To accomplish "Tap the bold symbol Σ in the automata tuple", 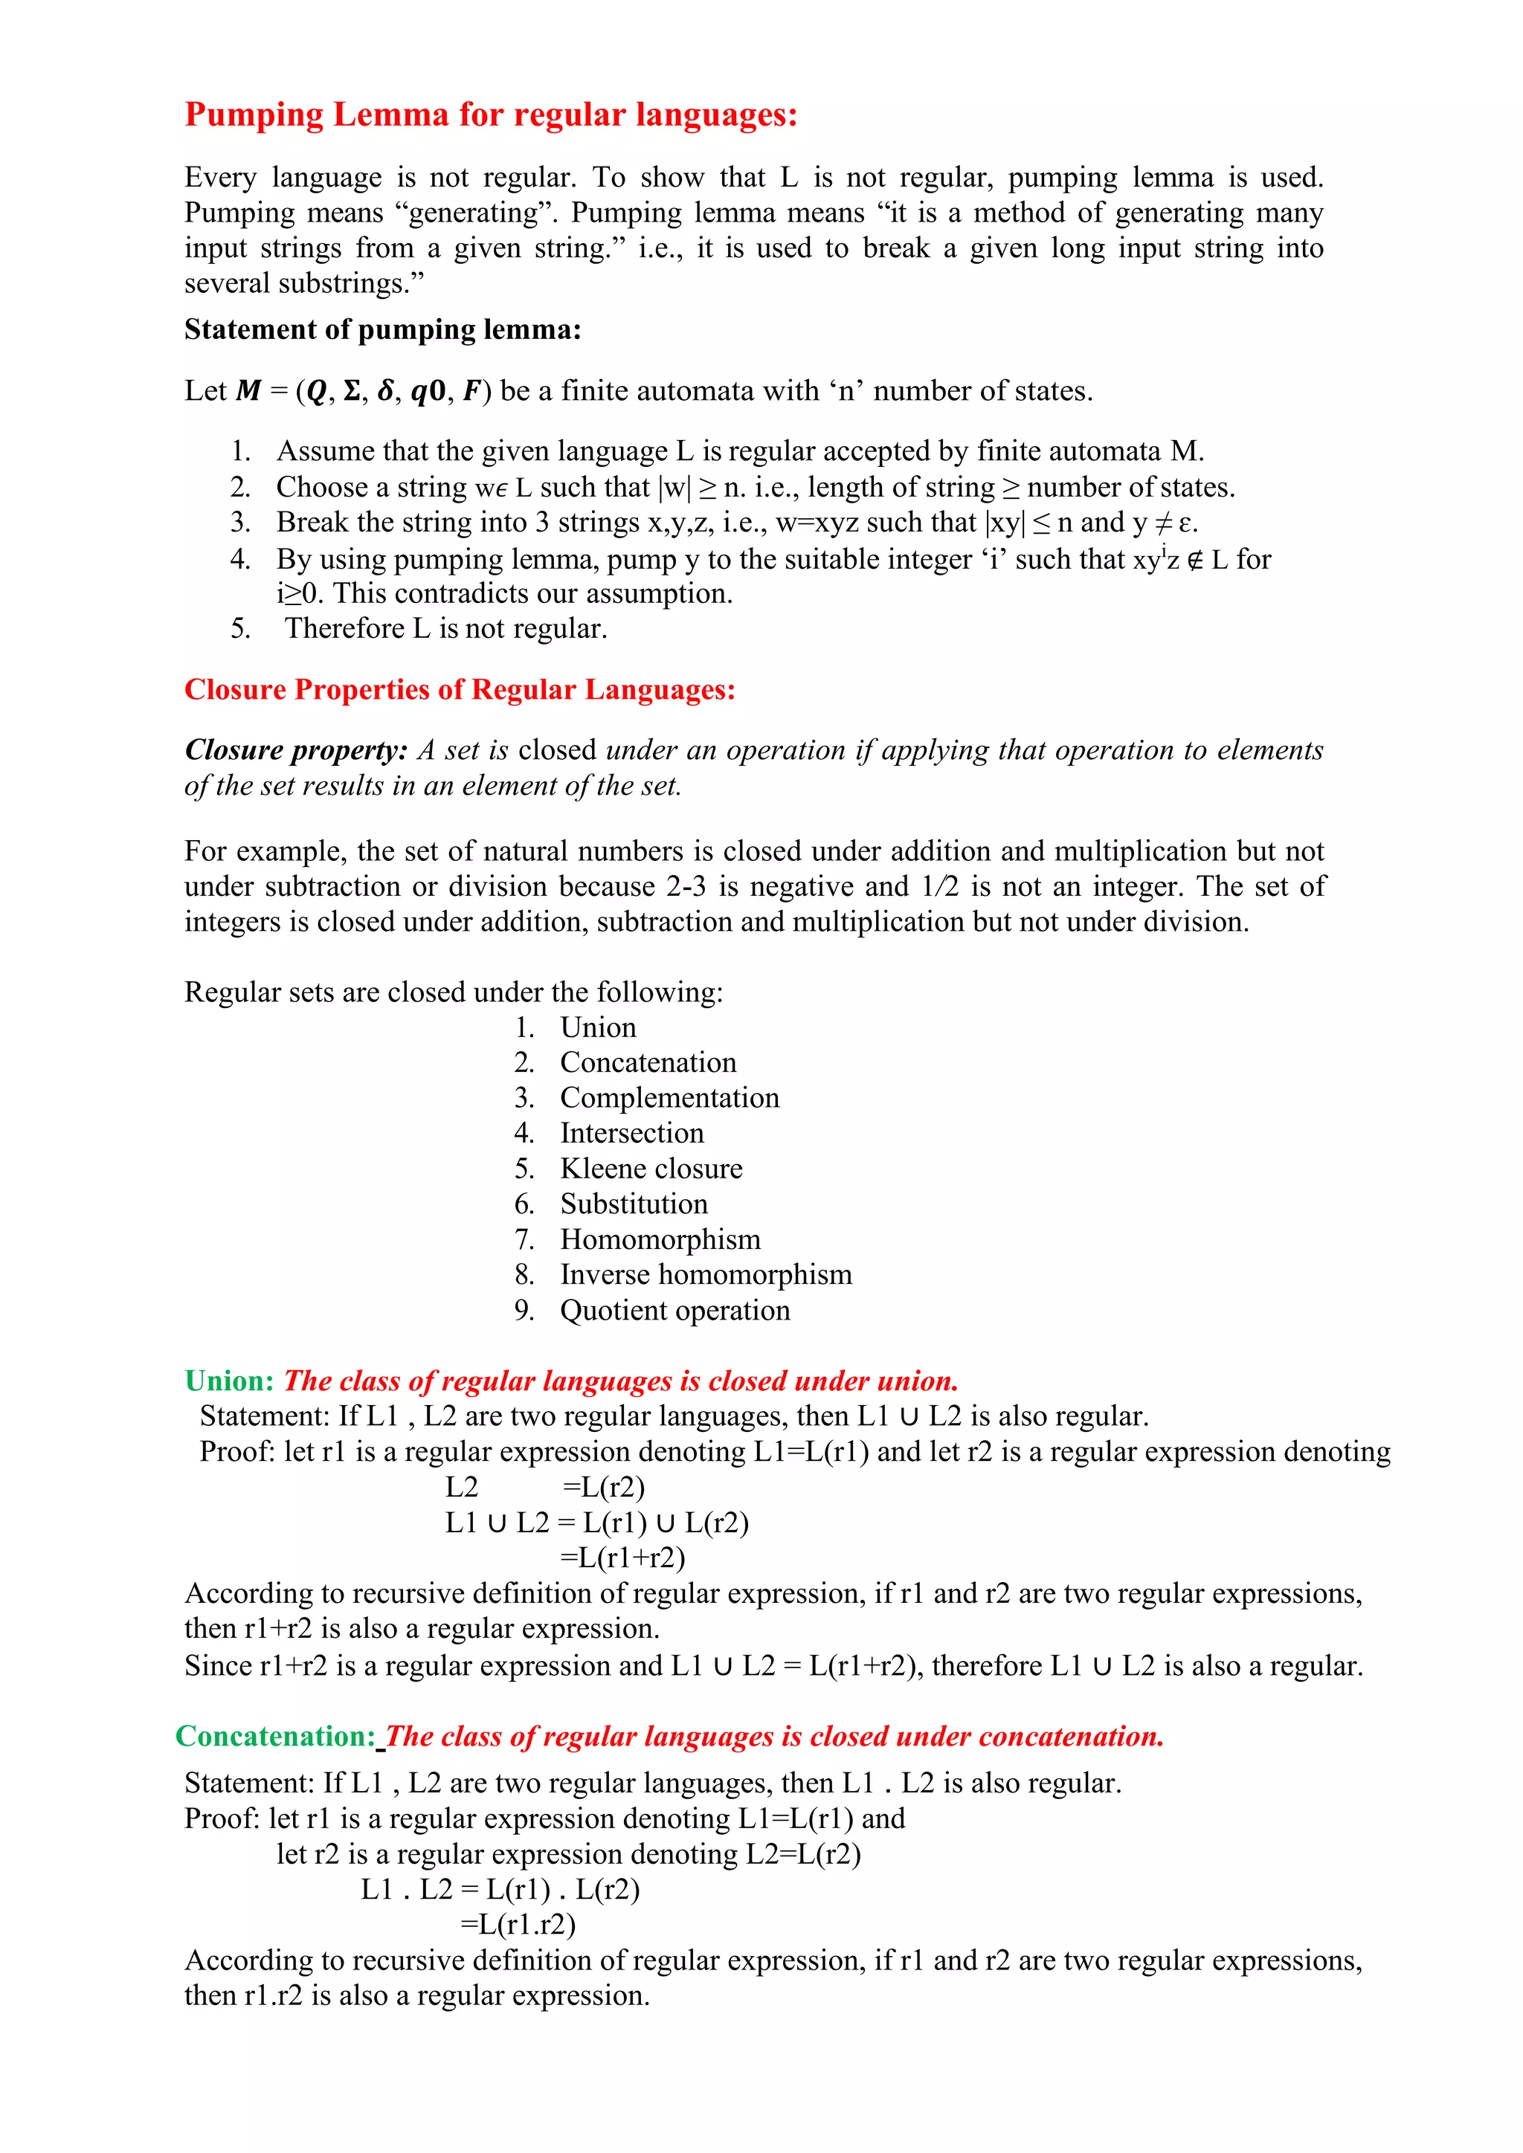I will [x=352, y=391].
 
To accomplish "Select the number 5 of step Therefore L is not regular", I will [x=240, y=628].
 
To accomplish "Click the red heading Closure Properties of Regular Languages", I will [x=460, y=690].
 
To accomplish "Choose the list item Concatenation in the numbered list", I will [x=647, y=1062].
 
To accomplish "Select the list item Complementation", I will [x=669, y=1098].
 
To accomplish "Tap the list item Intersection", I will [x=631, y=1134].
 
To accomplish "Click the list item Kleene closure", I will [x=651, y=1169].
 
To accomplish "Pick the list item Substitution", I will [x=633, y=1204].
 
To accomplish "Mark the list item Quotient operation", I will [x=674, y=1311].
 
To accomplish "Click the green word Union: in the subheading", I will [x=229, y=1381].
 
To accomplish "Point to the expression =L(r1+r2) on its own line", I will [x=622, y=1558].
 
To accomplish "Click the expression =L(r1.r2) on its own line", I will [x=518, y=1924].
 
